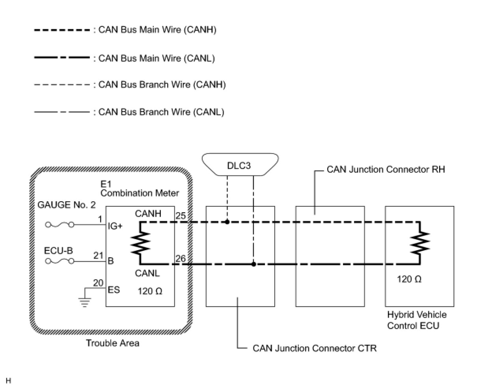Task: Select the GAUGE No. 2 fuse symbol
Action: [60, 224]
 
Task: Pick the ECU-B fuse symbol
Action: [60, 261]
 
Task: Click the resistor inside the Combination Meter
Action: [140, 243]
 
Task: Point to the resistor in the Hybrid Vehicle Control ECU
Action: [420, 243]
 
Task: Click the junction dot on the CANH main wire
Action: [227, 222]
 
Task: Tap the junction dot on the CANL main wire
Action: [253, 264]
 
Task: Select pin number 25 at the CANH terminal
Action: [181, 215]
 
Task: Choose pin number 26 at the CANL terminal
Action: [181, 258]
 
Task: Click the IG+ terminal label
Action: [115, 226]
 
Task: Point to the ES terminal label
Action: [114, 290]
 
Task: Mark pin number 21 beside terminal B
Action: [98, 255]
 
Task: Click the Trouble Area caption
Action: [113, 343]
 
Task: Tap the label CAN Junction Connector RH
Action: [386, 170]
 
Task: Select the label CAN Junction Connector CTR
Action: [315, 348]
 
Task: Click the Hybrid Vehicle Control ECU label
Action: [417, 320]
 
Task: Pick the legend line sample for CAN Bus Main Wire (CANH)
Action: [62, 30]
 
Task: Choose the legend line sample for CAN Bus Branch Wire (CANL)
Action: [62, 112]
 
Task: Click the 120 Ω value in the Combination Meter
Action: [150, 291]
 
